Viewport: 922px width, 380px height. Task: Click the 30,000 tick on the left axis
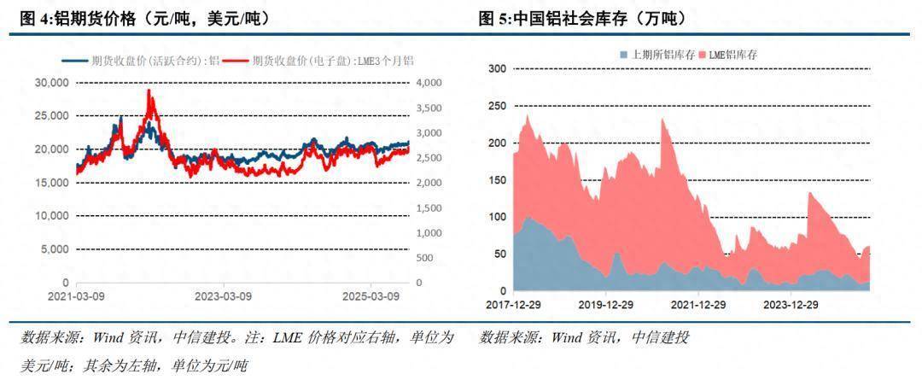(53, 83)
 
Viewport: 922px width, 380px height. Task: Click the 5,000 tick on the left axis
(55, 249)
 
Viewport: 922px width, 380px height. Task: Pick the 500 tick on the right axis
(423, 258)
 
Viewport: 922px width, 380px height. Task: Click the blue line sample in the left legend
(76, 61)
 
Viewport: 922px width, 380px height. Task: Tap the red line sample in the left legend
(239, 61)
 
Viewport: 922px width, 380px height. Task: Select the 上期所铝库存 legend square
(625, 55)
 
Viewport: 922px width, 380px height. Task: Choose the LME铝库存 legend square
(703, 55)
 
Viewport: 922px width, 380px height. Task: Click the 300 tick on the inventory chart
(496, 68)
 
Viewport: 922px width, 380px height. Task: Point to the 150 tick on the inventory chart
(496, 179)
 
